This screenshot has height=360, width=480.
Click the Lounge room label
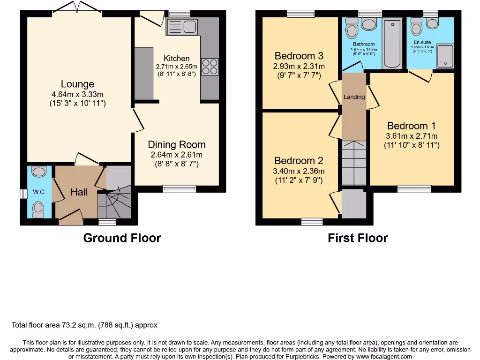tap(77, 84)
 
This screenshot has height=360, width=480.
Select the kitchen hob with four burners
tap(210, 66)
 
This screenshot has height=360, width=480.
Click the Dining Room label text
tap(177, 145)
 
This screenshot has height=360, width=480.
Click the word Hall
tap(79, 192)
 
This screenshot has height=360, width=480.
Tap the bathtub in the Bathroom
tap(392, 45)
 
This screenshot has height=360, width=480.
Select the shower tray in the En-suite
tap(445, 56)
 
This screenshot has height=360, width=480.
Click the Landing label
tap(354, 97)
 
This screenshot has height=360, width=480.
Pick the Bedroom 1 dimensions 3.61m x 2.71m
tap(411, 136)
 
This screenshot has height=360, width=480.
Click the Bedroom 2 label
tap(299, 161)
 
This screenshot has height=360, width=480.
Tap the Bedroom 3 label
tap(299, 56)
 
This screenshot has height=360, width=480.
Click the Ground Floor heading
tap(122, 238)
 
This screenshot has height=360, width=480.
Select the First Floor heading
tap(358, 238)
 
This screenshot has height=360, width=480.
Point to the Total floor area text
tap(84, 325)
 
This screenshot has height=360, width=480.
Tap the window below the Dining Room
tap(179, 188)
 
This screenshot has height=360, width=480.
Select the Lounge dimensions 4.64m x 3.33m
tap(77, 94)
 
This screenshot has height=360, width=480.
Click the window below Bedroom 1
tap(414, 188)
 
